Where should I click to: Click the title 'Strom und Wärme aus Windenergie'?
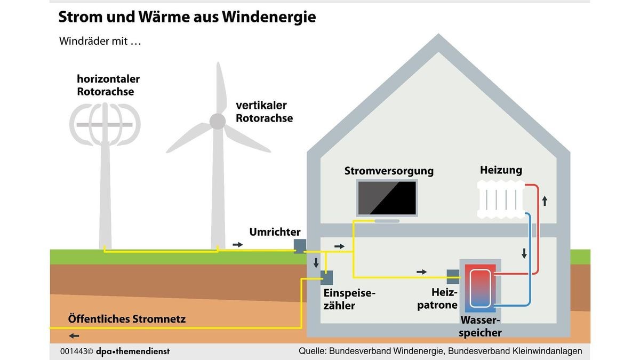pyautogui.click(x=187, y=17)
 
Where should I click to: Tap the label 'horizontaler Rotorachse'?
pyautogui.click(x=108, y=85)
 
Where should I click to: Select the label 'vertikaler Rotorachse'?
pyautogui.click(x=265, y=111)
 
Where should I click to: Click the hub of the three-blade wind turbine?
pyautogui.click(x=217, y=122)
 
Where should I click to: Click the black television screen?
pyautogui.click(x=387, y=198)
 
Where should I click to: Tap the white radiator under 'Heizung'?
pyautogui.click(x=501, y=199)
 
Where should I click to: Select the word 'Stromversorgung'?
pyautogui.click(x=389, y=171)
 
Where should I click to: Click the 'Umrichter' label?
pyautogui.click(x=275, y=232)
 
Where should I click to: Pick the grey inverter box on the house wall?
pyautogui.click(x=300, y=245)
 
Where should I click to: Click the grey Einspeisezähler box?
pyautogui.click(x=326, y=278)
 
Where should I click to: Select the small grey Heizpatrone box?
pyautogui.click(x=452, y=274)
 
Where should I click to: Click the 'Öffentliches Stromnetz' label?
pyautogui.click(x=127, y=319)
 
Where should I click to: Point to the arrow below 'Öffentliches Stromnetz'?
pyautogui.click(x=74, y=336)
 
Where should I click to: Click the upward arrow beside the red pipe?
pyautogui.click(x=545, y=201)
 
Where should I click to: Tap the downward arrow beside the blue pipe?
pyautogui.click(x=524, y=253)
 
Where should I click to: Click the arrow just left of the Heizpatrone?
pyautogui.click(x=422, y=272)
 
